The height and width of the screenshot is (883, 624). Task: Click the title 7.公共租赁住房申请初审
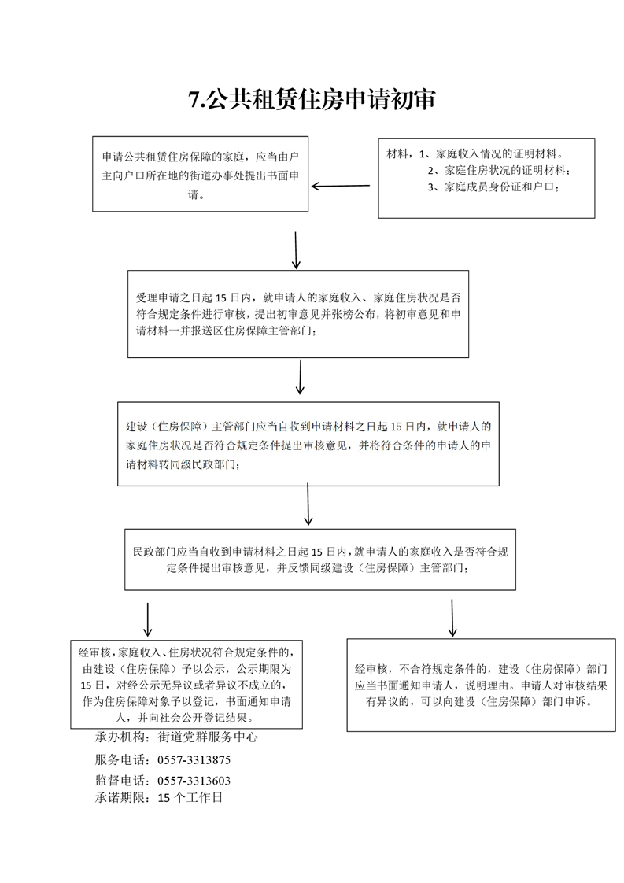click(312, 100)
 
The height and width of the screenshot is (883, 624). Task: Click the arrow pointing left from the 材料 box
click(341, 186)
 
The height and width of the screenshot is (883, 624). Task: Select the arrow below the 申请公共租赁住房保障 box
click(296, 249)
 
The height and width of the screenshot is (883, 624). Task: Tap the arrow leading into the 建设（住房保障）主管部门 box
click(300, 377)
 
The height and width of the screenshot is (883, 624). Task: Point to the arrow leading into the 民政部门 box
click(308, 504)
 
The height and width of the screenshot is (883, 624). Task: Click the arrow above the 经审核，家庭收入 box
click(148, 619)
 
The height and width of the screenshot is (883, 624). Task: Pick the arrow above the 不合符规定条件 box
click(452, 618)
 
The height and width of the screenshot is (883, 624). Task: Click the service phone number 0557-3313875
click(194, 759)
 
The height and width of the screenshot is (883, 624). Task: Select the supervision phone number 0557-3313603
click(194, 781)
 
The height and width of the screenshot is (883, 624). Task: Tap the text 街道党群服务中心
click(207, 737)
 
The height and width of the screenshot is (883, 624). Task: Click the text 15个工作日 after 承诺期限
click(190, 797)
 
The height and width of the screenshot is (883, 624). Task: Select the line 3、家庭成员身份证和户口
click(493, 187)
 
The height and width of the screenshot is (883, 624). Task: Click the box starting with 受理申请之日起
click(298, 314)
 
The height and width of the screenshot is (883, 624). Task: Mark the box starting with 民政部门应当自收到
click(320, 560)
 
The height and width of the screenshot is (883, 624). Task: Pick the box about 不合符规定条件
click(481, 685)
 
